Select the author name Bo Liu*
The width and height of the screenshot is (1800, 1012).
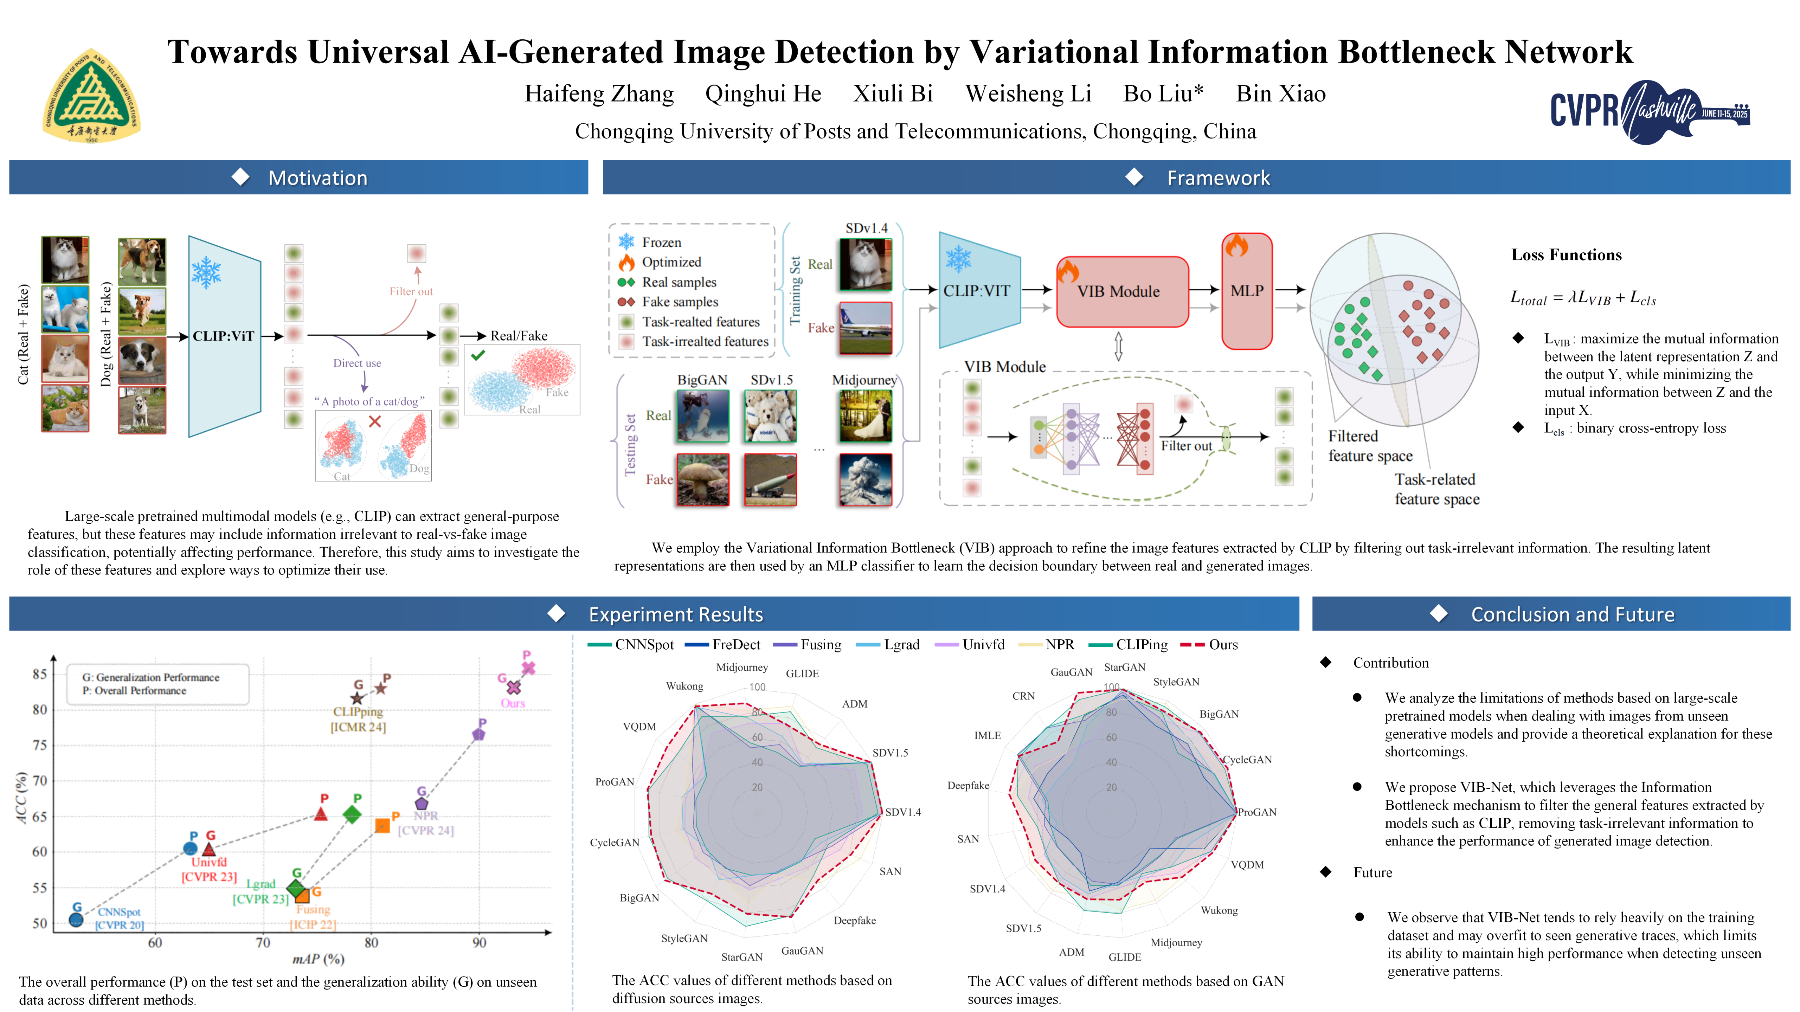coord(1163,94)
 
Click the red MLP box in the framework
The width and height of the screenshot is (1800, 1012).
coord(1247,291)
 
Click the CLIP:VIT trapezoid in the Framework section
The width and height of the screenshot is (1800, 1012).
coord(978,291)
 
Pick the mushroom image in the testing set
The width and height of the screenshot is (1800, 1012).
coord(702,479)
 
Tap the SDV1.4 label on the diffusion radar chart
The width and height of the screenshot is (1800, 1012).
coord(903,812)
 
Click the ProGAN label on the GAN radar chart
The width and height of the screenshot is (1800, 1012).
coord(1257,812)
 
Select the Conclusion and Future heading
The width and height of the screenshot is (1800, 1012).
coord(1572,614)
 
